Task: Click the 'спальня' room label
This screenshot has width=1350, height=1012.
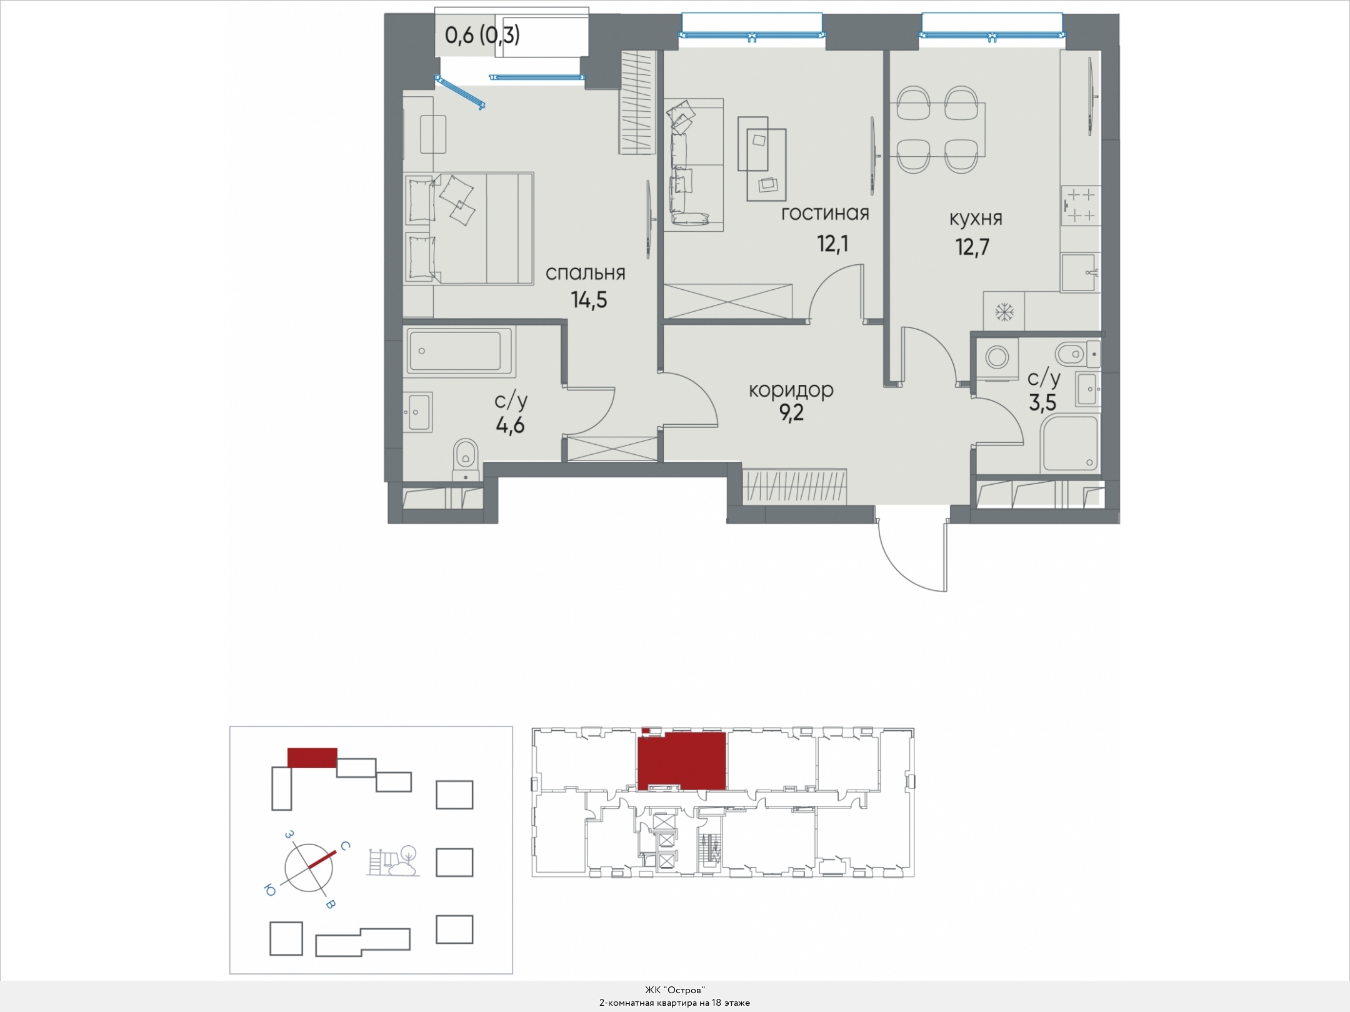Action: coord(585,274)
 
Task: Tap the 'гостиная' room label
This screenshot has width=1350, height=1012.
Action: coord(825,214)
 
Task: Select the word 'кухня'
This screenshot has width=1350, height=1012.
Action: coord(976,219)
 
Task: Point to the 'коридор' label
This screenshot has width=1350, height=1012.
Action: coord(791,390)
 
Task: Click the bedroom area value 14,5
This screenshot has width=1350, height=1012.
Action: coord(589,300)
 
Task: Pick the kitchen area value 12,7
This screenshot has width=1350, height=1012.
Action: coord(972,247)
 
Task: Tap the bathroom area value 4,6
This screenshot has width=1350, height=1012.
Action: coord(510,426)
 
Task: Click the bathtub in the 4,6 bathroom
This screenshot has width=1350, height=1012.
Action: coord(460,351)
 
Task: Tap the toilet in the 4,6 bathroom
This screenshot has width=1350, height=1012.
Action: coord(465,460)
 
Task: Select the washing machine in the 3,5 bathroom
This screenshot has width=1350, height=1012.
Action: coord(996,358)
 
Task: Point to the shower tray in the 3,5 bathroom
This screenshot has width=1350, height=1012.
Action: coord(1069,444)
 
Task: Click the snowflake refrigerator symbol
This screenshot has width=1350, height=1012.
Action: coord(1004,311)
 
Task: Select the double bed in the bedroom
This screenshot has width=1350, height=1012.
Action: coord(469,229)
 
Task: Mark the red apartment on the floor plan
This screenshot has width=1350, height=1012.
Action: coord(682,760)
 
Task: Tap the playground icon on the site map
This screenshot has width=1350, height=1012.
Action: coord(393,861)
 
